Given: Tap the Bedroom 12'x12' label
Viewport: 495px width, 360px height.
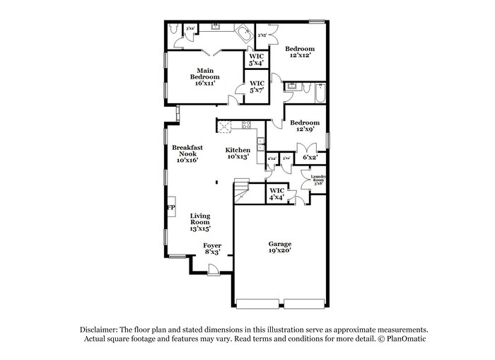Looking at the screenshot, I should coord(298,52).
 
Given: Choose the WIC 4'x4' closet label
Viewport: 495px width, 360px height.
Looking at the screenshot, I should coord(276,193).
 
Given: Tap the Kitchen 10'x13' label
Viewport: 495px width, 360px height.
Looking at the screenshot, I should coord(238,153).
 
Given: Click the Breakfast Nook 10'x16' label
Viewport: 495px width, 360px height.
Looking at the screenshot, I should coord(187,153).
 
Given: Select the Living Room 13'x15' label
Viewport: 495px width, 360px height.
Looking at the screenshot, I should coord(200,222).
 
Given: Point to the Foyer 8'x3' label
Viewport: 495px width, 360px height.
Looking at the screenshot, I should coord(212,248).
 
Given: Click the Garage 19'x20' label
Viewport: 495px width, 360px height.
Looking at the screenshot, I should coord(279,247).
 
